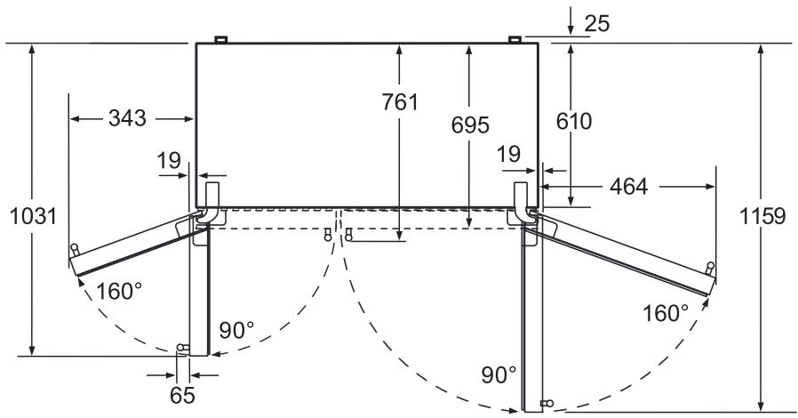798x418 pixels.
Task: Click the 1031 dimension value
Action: [x=33, y=216]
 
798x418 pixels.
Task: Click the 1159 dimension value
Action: [x=762, y=216]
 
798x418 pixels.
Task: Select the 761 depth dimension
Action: [x=400, y=101]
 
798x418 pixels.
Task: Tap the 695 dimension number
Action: [x=470, y=125]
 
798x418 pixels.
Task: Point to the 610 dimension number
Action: [x=573, y=121]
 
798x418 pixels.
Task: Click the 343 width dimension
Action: [x=127, y=118]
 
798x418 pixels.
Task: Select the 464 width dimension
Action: [x=629, y=187]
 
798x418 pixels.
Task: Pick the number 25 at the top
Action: [x=597, y=23]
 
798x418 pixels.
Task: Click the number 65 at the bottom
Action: [x=182, y=395]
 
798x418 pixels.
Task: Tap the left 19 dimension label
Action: [x=169, y=161]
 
